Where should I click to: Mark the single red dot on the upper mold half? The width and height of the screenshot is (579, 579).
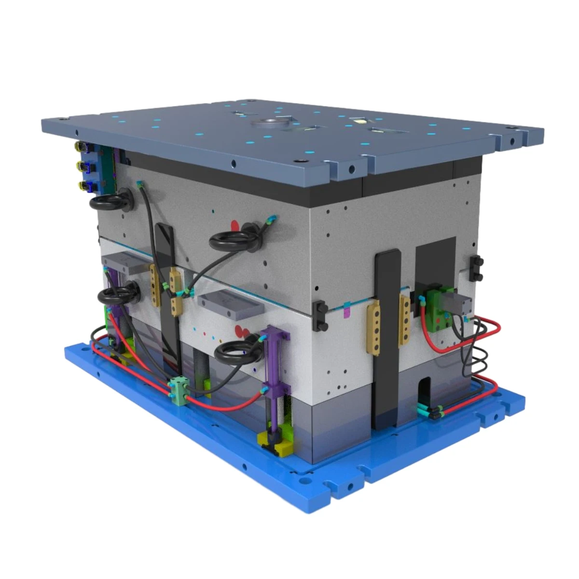tap(235, 225)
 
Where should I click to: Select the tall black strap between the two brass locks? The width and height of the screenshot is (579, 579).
tap(387, 338)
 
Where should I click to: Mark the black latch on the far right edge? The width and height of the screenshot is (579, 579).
tap(478, 268)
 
